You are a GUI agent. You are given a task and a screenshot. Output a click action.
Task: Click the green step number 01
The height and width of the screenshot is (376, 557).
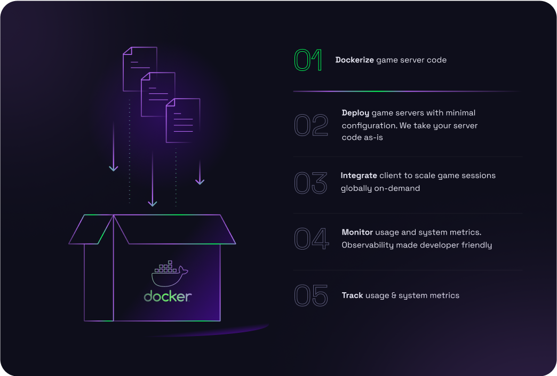tap(308, 60)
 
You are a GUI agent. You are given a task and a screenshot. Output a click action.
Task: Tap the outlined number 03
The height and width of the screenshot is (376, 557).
tap(311, 182)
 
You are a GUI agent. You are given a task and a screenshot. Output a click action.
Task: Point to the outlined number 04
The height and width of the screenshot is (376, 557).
tap(312, 239)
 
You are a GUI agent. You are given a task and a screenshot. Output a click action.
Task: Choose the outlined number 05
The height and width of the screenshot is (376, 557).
tap(311, 295)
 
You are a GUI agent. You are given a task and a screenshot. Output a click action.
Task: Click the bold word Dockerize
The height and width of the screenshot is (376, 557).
tap(355, 60)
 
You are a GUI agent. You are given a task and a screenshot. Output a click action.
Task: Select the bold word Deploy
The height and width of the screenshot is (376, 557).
tap(355, 113)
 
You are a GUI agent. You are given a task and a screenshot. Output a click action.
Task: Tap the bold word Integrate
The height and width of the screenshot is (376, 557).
tap(359, 175)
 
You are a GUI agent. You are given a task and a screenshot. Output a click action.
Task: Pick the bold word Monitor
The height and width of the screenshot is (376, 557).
tap(357, 233)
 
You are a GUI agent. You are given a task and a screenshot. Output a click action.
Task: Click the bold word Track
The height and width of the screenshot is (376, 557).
tap(353, 295)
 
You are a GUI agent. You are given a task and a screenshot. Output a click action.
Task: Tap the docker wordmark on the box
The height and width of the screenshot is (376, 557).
tap(168, 297)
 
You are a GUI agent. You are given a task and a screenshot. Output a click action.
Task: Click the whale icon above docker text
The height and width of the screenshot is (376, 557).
tap(169, 274)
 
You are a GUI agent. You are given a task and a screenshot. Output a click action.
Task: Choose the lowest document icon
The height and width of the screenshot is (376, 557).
tap(183, 120)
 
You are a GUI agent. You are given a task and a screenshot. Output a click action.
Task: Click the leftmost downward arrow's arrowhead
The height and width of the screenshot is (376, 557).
tap(113, 168)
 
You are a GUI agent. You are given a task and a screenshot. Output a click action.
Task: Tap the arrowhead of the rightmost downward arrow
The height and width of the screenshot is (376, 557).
tap(200, 181)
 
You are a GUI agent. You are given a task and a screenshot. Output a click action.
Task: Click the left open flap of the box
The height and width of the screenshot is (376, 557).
tap(92, 230)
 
